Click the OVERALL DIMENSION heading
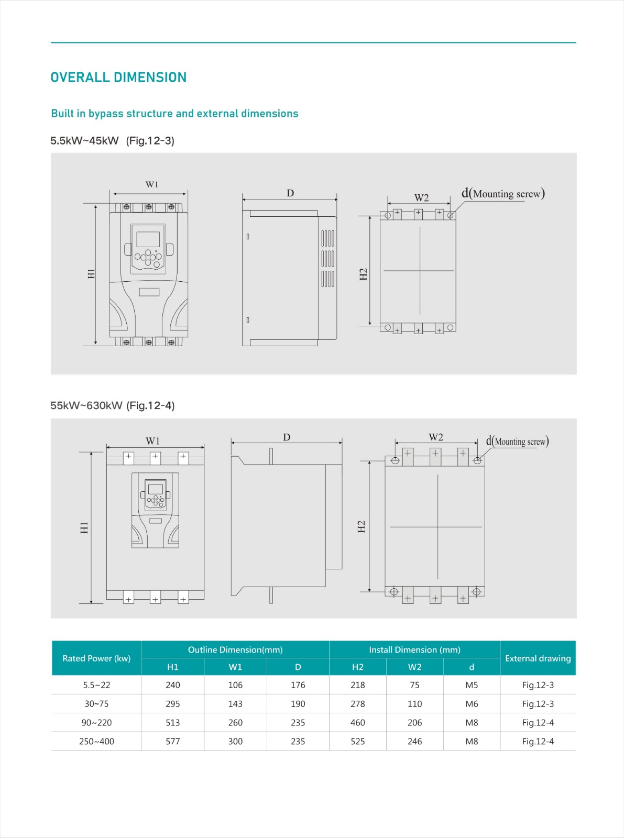tap(118, 78)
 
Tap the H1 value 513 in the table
tap(172, 723)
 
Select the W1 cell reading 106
tap(235, 685)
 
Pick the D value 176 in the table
tap(298, 685)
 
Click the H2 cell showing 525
tap(357, 742)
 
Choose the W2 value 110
tap(414, 704)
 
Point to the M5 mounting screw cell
tap(472, 685)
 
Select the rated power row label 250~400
tap(96, 742)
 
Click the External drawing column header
tap(538, 658)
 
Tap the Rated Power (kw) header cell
tap(96, 658)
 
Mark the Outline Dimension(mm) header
tap(235, 650)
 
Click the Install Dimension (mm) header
tap(414, 650)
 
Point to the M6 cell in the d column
tap(472, 704)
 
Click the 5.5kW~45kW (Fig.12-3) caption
tap(112, 141)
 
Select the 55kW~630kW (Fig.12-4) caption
tap(112, 406)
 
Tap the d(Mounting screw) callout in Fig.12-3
tap(503, 194)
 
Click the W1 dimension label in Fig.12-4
tap(152, 441)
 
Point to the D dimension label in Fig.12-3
tap(290, 193)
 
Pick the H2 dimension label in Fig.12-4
tap(361, 527)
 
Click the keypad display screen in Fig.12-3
tap(148, 239)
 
